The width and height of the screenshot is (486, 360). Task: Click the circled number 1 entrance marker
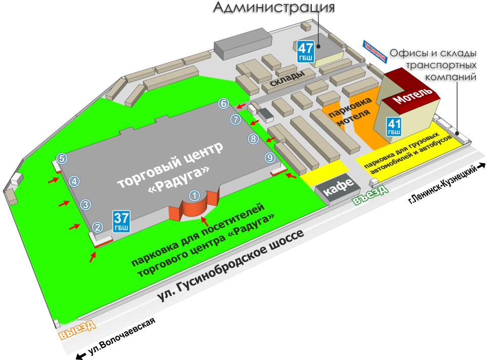click(194, 195)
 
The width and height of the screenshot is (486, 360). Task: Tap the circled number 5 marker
click(61, 158)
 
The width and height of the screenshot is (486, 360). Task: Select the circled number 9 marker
click(270, 158)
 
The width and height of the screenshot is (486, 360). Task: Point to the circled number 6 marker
click(223, 104)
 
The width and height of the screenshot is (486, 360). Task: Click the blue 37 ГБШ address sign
click(121, 221)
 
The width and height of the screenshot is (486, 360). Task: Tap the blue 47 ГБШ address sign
click(306, 51)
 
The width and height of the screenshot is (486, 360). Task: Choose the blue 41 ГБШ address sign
click(394, 126)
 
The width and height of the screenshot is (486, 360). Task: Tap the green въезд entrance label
click(371, 196)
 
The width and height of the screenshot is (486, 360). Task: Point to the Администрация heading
click(273, 9)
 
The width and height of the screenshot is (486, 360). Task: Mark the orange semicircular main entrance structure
click(194, 210)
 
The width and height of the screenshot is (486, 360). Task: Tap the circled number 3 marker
click(86, 205)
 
